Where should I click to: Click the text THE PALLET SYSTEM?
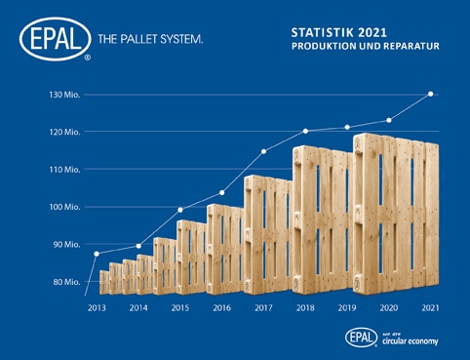pos(150,40)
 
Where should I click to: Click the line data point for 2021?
pos(430,94)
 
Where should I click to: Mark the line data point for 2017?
pos(263,151)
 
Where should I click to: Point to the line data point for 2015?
pos(180,210)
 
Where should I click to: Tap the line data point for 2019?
pos(347,127)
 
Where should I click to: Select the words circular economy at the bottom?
pos(412,341)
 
